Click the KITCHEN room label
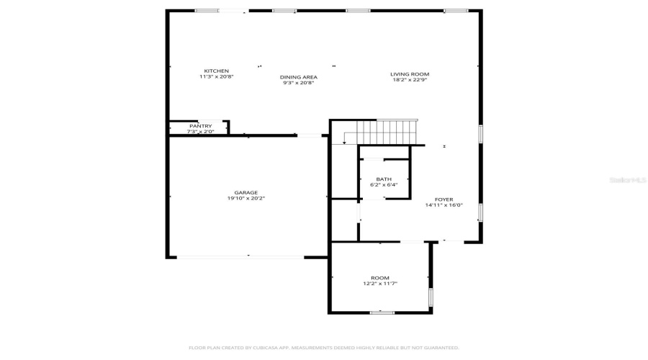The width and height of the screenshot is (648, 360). (216, 71)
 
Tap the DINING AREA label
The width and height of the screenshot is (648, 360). (299, 77)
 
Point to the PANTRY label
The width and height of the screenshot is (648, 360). (201, 126)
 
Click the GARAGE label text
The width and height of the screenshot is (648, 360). (246, 192)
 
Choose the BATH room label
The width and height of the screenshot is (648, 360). (384, 179)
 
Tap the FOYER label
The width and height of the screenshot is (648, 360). (444, 199)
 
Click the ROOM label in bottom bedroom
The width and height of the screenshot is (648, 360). (380, 278)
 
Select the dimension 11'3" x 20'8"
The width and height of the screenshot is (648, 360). (216, 76)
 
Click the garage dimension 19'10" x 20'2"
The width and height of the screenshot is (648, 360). (246, 198)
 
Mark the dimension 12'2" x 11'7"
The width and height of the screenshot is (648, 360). (380, 284)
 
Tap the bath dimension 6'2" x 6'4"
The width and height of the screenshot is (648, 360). (384, 185)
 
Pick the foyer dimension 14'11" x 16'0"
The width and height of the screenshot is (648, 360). (444, 205)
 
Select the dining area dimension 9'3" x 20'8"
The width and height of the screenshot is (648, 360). (299, 83)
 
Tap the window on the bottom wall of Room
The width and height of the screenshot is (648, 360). (382, 312)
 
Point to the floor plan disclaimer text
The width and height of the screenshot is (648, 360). (324, 348)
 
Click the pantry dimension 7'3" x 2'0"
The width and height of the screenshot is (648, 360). (201, 132)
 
